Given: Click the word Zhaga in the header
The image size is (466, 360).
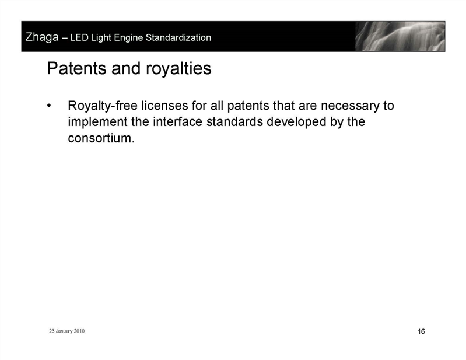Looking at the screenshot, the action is click(x=42, y=37).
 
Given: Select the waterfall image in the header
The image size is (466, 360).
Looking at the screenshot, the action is click(x=400, y=36).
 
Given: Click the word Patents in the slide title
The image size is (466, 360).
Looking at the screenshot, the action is click(x=77, y=68).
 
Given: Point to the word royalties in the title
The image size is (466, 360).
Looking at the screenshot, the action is click(x=178, y=69).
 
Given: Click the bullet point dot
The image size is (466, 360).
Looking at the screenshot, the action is click(x=50, y=106).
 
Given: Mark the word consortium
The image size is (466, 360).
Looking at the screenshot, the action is click(x=101, y=138).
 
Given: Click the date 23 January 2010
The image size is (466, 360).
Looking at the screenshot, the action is click(x=67, y=331).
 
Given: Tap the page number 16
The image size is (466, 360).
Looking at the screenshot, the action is click(x=421, y=331).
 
